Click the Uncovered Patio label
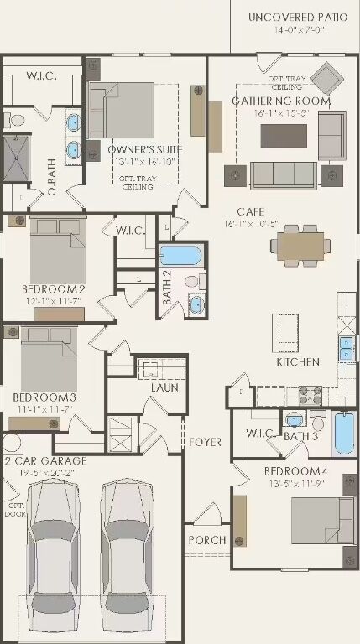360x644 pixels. [x=298, y=17]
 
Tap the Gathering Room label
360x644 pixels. [x=281, y=101]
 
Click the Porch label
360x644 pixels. [x=206, y=540]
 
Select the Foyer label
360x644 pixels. [x=205, y=442]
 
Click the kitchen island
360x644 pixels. [x=286, y=331]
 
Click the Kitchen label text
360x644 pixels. [x=298, y=361]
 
